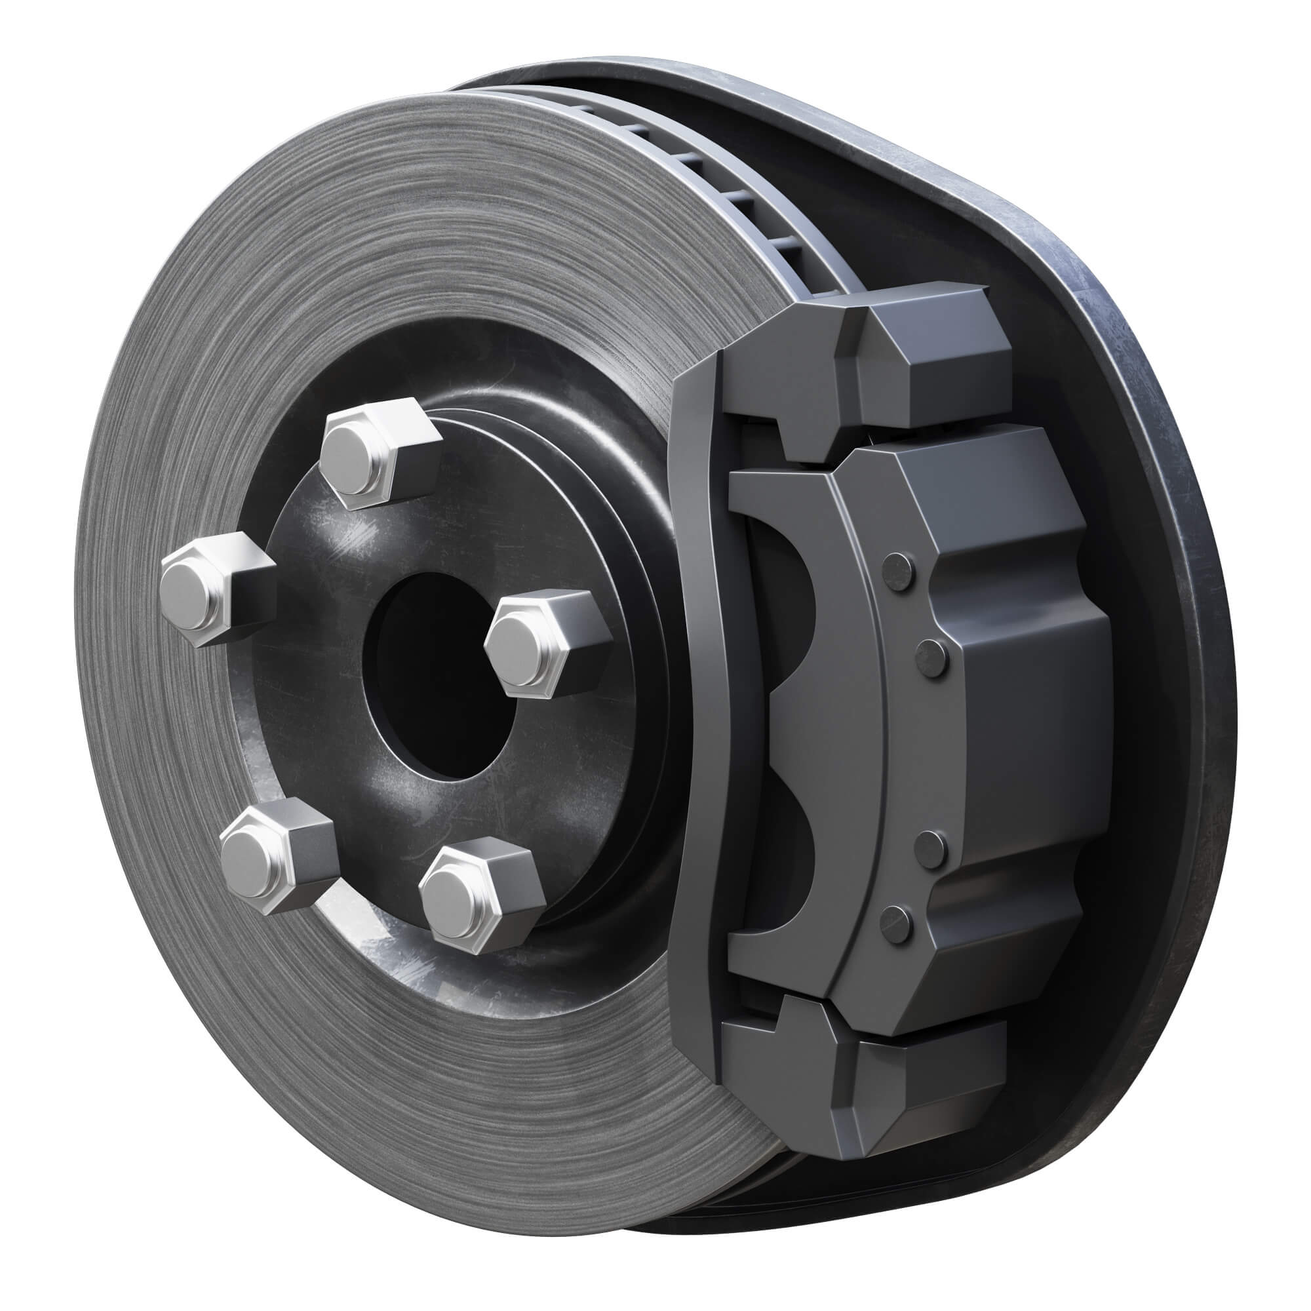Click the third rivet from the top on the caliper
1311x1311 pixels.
coord(929,848)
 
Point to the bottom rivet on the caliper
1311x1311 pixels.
coord(896,926)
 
